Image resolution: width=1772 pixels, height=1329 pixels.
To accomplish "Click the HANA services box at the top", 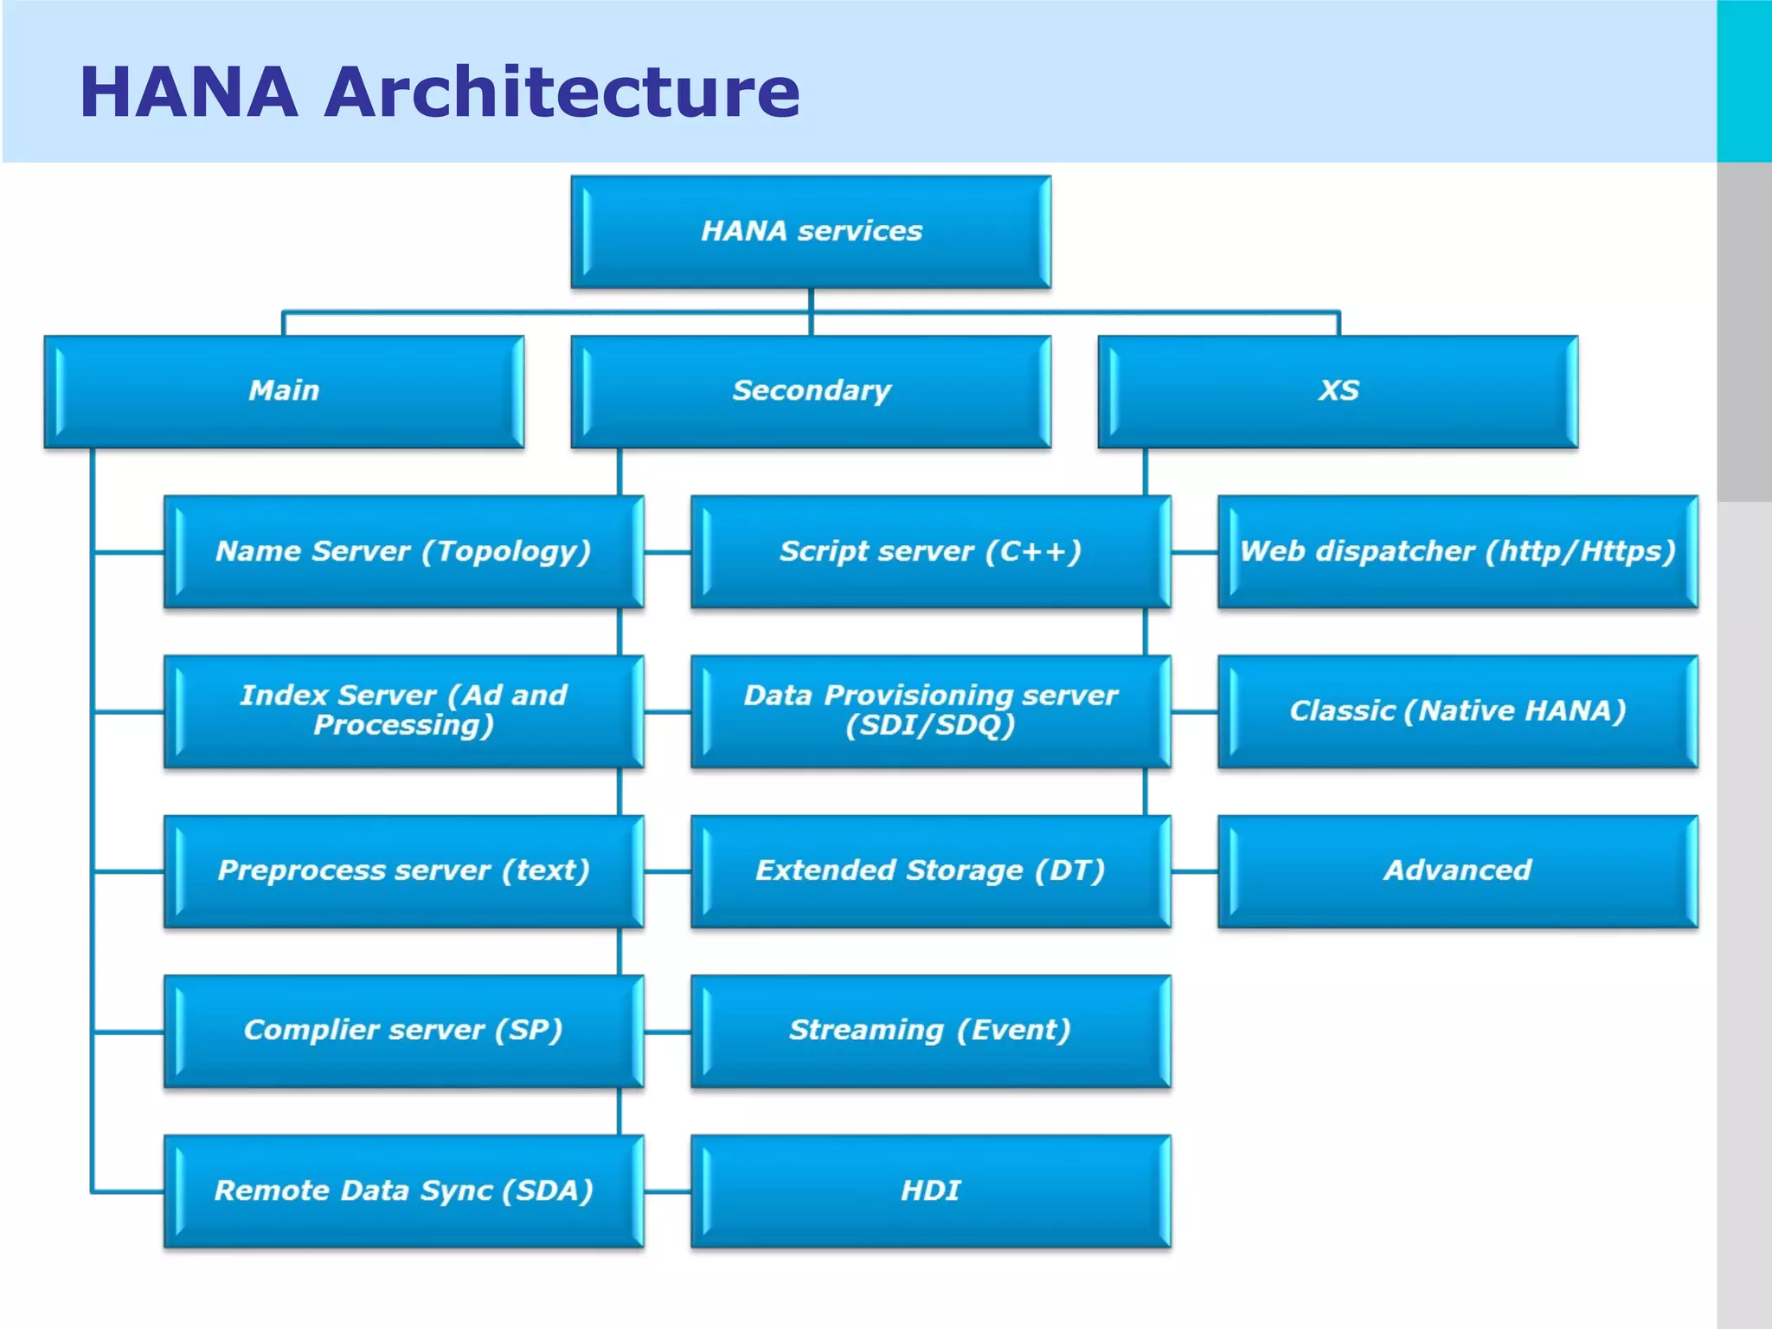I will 811,231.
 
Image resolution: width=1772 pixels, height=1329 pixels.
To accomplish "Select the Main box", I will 284,391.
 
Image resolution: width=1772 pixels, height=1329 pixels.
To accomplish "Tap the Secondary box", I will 811,391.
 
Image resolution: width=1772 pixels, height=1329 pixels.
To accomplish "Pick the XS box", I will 1338,391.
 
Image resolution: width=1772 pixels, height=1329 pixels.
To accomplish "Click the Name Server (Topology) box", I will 403,551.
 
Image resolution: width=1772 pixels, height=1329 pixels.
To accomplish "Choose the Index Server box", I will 403,710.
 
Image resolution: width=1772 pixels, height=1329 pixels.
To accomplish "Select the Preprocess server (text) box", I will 403,870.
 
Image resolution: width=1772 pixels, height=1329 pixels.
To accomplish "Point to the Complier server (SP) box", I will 403,1030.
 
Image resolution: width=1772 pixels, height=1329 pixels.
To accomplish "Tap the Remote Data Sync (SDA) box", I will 403,1191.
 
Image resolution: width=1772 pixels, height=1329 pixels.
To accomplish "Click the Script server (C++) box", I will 930,551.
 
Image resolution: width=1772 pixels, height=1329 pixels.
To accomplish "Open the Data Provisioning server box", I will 930,710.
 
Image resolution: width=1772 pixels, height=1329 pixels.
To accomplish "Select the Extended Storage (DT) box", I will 930,870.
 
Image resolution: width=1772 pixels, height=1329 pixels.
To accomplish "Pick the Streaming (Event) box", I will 930,1030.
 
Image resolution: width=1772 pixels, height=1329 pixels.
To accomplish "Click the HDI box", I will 930,1191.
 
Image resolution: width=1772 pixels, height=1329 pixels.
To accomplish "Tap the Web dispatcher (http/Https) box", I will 1457,551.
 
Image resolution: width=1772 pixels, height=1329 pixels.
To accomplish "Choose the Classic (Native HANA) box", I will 1457,710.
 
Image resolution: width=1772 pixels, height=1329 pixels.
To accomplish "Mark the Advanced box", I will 1457,870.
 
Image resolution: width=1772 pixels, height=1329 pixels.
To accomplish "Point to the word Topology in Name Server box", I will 507,552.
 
